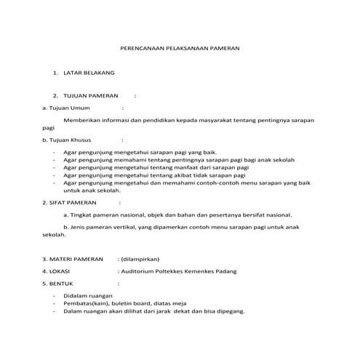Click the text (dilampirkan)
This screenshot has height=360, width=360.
140,258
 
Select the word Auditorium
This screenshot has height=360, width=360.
138,271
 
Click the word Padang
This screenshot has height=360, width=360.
222,271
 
